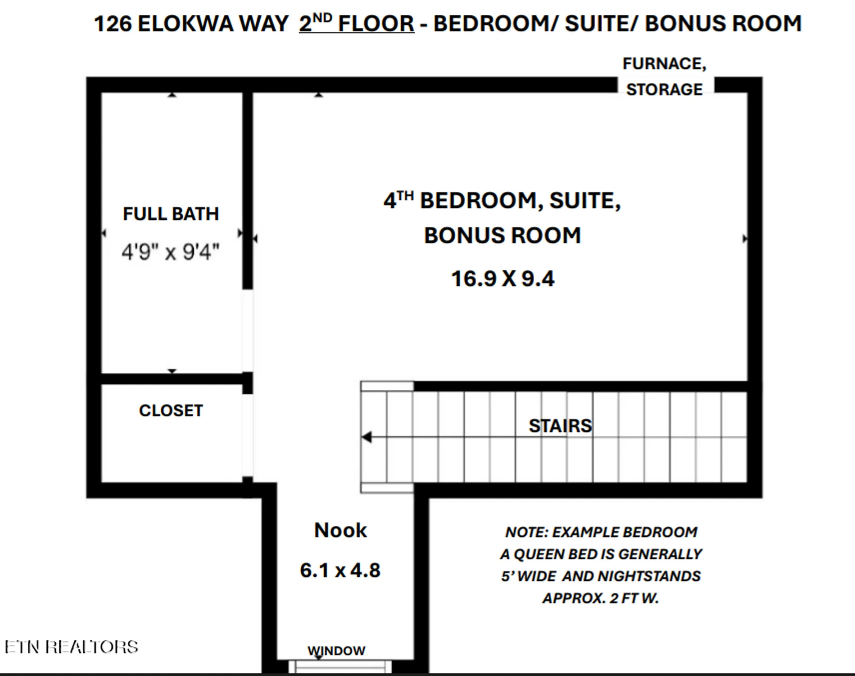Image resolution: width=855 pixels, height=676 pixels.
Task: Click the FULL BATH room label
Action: coord(171,214)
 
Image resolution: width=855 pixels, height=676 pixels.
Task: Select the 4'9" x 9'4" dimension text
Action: coord(170,252)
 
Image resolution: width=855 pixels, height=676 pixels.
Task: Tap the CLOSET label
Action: coord(171,411)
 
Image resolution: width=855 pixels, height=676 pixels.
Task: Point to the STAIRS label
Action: coord(560,426)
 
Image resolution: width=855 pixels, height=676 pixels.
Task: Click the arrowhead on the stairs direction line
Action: coord(367,437)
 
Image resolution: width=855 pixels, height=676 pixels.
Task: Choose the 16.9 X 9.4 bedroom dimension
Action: coord(502,279)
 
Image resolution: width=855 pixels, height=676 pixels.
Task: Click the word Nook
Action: coord(340,530)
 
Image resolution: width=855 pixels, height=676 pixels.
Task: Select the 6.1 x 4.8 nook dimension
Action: coord(340,571)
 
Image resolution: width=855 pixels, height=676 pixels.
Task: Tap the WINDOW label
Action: coord(336,651)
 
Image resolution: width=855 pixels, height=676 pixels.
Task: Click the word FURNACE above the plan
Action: coord(664,64)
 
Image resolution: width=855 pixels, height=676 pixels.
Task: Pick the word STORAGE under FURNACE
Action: coord(664,90)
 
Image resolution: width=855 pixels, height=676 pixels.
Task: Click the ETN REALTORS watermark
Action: coord(71,647)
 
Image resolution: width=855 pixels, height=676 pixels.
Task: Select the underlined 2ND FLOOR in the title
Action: coord(356,23)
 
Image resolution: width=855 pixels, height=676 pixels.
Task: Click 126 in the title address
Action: coord(112,24)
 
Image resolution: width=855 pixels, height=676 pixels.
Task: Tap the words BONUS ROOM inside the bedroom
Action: coord(502,236)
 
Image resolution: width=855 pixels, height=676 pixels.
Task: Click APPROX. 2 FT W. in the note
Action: coord(600,598)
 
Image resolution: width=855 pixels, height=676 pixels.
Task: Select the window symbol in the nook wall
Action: coord(340,667)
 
